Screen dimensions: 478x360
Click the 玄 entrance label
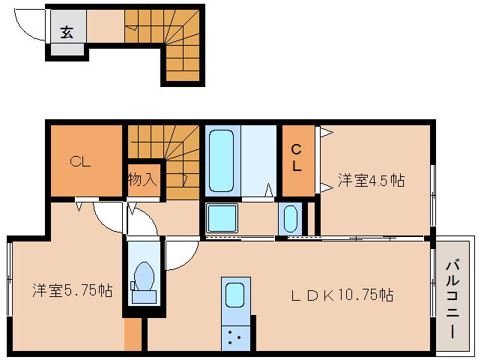coord(67,32)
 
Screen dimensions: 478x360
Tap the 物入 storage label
coord(142,179)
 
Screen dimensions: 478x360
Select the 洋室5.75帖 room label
coord(73,290)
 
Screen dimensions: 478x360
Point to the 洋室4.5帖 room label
coord(372,180)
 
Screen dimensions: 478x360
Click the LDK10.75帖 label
coord(342,295)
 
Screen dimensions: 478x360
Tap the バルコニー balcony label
coord(453,298)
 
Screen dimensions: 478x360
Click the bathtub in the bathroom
coord(222,160)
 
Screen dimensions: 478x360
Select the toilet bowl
coord(144,276)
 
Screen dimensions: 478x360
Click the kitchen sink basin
coord(235,295)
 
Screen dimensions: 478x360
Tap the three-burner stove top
coord(236,338)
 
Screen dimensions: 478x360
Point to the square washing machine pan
coord(222,217)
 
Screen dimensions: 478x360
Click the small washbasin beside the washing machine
coord(290,218)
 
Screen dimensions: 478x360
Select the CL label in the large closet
coord(80,161)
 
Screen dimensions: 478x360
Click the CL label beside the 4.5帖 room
coord(297,157)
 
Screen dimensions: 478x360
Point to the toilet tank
coord(144,296)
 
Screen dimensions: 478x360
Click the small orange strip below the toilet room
coord(133,334)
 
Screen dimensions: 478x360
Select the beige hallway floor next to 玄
coord(106,26)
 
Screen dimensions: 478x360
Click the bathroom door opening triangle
coord(268,190)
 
